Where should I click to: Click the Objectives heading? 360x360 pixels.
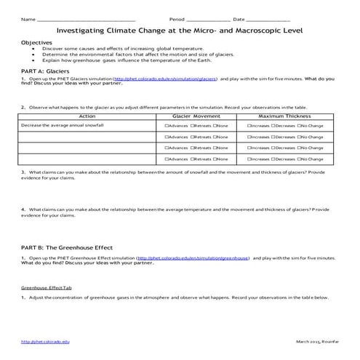coord(37,43)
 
